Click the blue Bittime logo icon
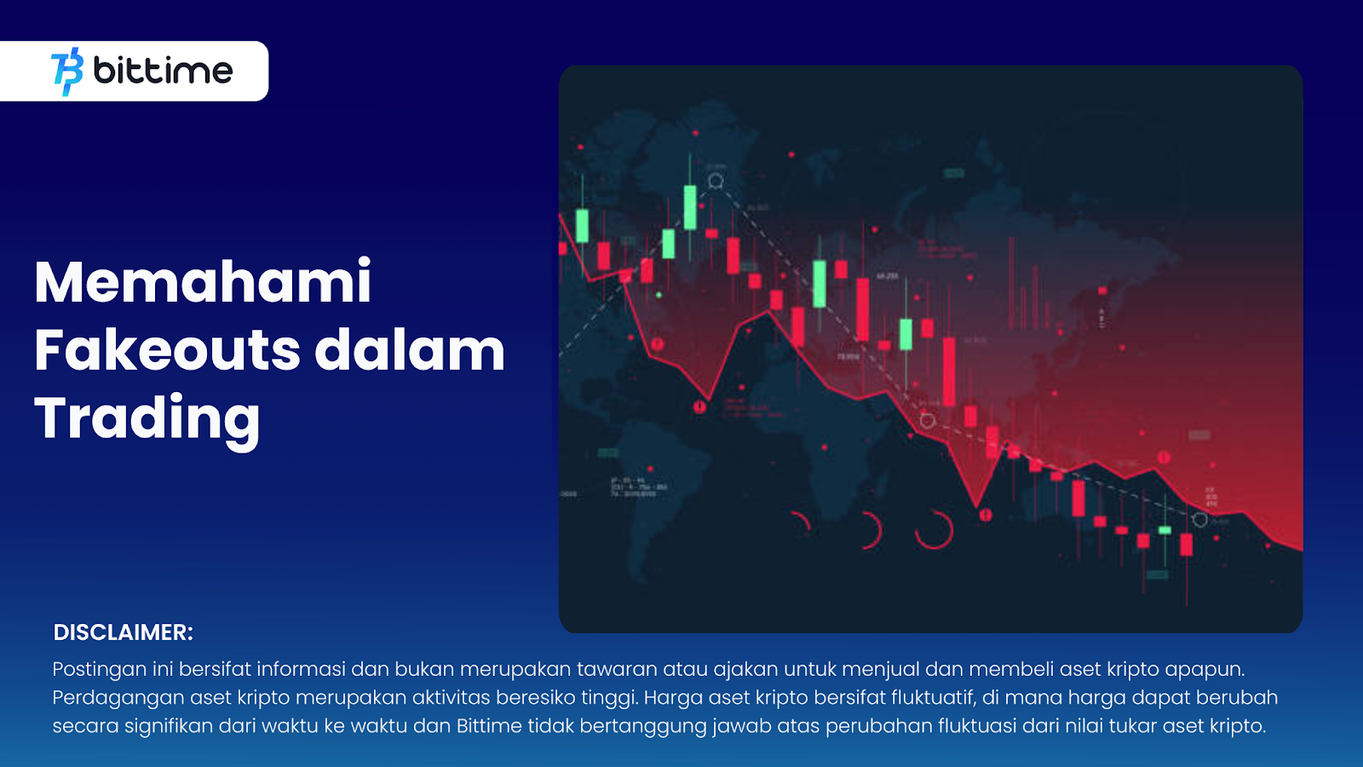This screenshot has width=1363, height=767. point(68,72)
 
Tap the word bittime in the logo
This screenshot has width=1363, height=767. point(163,71)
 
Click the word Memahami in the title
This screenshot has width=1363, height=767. point(203,282)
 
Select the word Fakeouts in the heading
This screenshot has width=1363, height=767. point(167,350)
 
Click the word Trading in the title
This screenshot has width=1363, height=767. point(147,418)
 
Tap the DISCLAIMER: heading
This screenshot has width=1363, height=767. point(124,632)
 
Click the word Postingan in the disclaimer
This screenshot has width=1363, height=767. point(100,670)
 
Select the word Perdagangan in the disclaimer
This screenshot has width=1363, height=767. point(118,698)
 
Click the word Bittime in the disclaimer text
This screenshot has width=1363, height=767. point(489,726)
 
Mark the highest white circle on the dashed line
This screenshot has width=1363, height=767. point(716,181)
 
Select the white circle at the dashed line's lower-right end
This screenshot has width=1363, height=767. point(1199,519)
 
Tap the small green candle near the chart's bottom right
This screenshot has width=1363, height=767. point(1165,530)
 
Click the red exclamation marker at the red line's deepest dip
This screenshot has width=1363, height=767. point(986,515)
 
